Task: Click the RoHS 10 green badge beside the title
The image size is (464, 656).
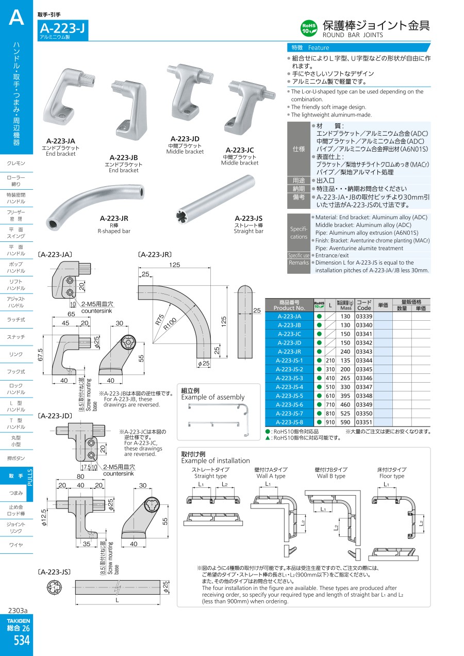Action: click(x=309, y=27)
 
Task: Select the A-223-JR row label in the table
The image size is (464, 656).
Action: click(x=289, y=352)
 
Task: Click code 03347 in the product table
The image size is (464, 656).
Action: click(x=364, y=387)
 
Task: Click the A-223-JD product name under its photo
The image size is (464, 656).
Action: click(x=185, y=139)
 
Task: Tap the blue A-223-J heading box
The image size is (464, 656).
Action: click(x=63, y=31)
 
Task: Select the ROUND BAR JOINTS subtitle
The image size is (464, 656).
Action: click(x=353, y=35)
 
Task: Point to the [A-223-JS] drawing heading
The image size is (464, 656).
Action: click(x=54, y=572)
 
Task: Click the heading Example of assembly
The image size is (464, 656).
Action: click(x=213, y=397)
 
